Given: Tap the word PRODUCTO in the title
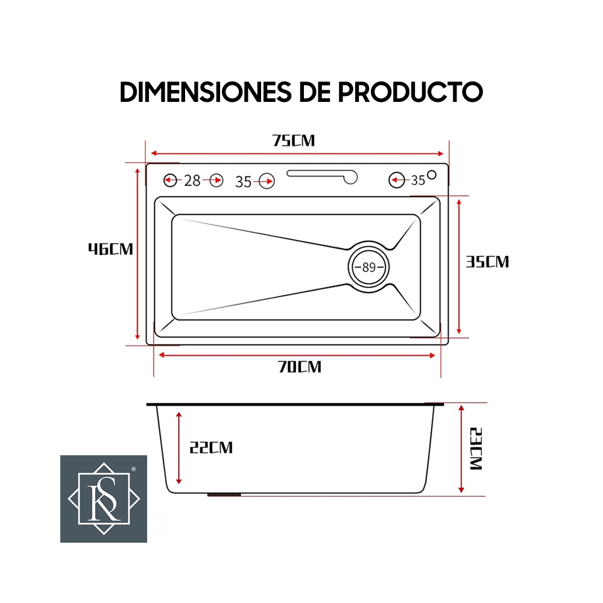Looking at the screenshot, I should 410,92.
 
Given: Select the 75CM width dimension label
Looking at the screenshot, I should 294,140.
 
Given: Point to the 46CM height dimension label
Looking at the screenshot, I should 110,248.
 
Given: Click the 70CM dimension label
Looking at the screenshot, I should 300,367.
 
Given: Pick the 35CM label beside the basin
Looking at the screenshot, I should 487,262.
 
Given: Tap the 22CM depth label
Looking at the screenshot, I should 210,447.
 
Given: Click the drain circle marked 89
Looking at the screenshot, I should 369,267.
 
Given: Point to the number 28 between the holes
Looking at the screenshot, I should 192,180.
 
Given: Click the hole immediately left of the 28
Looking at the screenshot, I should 171,180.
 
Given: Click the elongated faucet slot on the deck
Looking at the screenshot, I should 323,175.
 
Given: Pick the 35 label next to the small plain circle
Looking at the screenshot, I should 418,180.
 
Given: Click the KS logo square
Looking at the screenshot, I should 104,499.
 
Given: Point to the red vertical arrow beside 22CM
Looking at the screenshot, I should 178,447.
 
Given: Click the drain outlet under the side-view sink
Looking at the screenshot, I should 224,494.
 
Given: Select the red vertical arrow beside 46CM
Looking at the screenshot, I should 138,254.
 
